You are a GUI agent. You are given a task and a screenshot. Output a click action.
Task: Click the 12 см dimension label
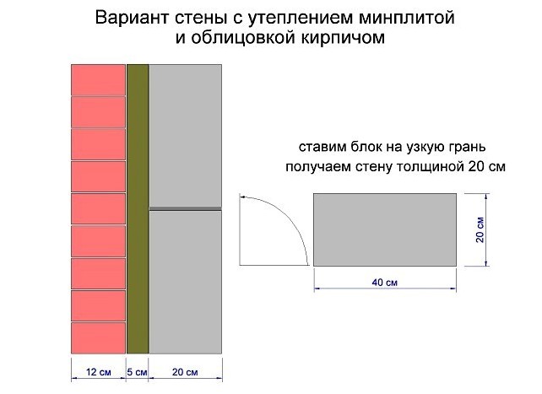tap(99, 372)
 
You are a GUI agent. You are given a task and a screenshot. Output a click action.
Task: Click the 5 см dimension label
tap(137, 372)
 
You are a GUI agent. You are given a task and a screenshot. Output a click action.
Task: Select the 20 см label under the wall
tap(185, 372)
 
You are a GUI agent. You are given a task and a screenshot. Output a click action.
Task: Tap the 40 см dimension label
tap(385, 282)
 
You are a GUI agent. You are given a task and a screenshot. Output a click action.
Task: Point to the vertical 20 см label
tap(480, 229)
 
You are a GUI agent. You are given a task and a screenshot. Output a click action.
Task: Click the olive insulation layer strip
tap(138, 209)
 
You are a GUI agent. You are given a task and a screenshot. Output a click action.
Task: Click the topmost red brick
tap(98, 80)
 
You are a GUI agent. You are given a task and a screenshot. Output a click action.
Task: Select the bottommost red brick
tap(98, 338)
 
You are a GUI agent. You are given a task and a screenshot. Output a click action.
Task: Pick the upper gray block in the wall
tap(185, 136)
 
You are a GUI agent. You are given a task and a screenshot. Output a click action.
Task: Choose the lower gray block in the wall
tap(185, 282)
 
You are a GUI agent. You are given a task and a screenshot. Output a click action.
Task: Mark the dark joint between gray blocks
tap(185, 209)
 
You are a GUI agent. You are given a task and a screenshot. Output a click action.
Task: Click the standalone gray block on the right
tap(385, 229)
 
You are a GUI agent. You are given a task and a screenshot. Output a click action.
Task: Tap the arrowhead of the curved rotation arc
tap(243, 197)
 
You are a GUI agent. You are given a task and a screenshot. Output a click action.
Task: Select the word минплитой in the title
tap(407, 18)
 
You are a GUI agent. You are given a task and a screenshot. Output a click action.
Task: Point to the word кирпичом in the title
tap(343, 37)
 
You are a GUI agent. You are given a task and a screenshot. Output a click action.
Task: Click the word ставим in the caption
tap(322, 147)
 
